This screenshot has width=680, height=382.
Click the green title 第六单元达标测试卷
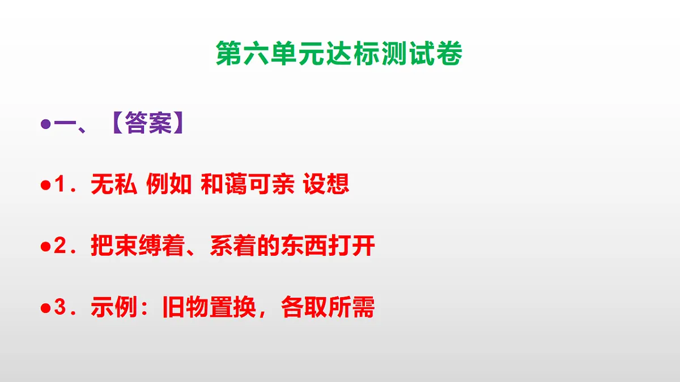tap(339, 54)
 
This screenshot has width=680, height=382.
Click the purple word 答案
tap(148, 124)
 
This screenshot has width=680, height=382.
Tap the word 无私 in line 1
tap(113, 185)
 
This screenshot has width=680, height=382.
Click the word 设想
tap(326, 185)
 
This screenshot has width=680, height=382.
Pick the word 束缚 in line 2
tap(138, 247)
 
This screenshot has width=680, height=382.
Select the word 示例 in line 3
tap(113, 308)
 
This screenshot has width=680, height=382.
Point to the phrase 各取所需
tap(328, 308)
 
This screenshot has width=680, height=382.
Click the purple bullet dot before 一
tap(45, 124)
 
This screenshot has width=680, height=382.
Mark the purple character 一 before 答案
tap(63, 124)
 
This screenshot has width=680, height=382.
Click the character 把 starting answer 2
tap(102, 247)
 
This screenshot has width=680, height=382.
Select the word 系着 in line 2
tap(233, 247)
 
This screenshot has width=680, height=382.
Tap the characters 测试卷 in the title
tap(426, 54)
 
